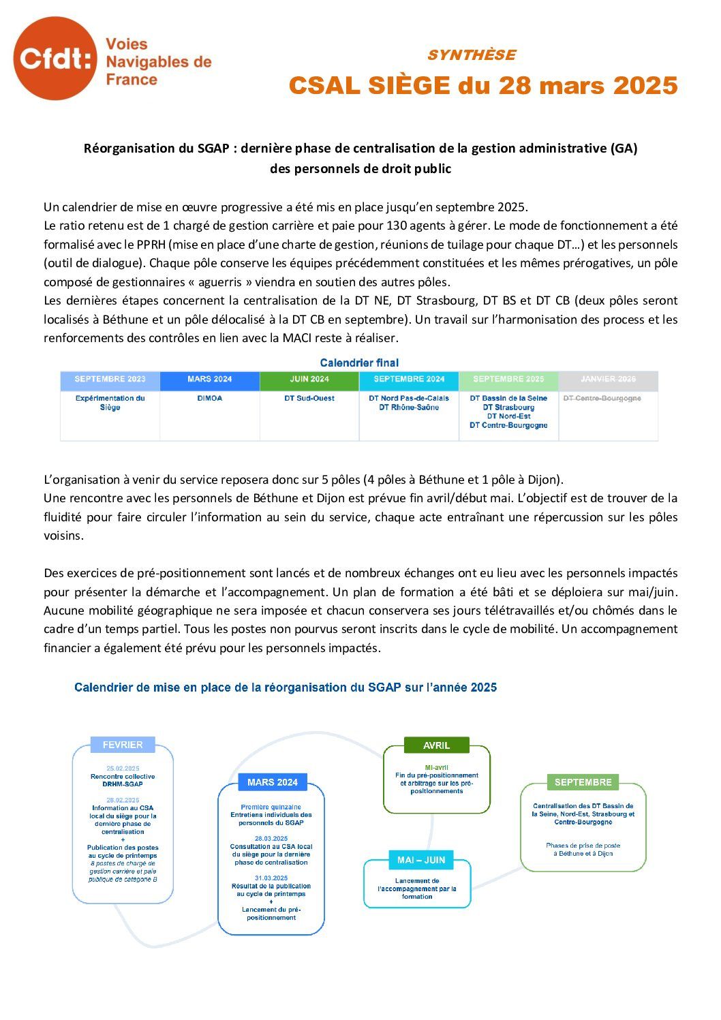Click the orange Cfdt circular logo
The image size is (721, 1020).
[x=55, y=59]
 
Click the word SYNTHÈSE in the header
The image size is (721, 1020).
[x=471, y=55]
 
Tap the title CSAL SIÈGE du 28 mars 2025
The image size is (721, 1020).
[x=482, y=86]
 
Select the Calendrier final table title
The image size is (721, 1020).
[x=359, y=363]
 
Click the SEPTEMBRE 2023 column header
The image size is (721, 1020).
[x=110, y=380]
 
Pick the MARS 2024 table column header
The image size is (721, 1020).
[x=209, y=380]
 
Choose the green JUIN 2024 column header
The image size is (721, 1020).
[x=309, y=380]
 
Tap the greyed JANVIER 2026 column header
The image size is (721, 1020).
[x=608, y=380]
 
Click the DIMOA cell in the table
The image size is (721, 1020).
[x=209, y=399]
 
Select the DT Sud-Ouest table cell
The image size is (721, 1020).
[x=309, y=399]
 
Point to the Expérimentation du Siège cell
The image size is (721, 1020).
[x=110, y=403]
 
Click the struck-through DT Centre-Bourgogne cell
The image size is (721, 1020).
[x=602, y=399]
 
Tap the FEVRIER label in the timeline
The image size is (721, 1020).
[x=123, y=745]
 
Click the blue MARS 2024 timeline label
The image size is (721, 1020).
[x=273, y=782]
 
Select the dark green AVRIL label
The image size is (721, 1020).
[x=436, y=745]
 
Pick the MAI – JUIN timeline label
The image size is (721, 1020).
[x=421, y=860]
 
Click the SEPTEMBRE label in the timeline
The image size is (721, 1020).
[x=583, y=782]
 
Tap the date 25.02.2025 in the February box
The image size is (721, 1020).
[x=123, y=769]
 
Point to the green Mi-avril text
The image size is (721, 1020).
[x=436, y=767]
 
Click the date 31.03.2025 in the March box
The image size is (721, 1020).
[x=271, y=878]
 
